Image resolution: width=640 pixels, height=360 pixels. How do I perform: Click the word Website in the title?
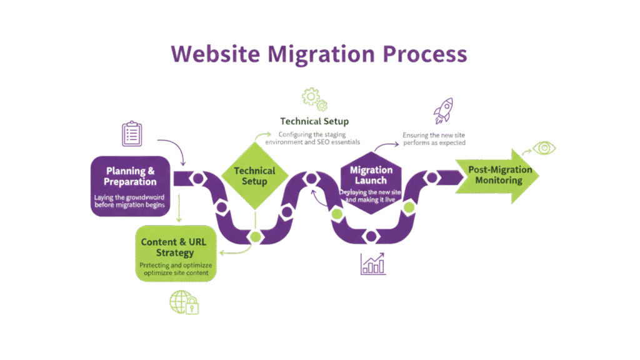[214, 54]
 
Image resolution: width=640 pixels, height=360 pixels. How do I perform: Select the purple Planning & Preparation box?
[130, 185]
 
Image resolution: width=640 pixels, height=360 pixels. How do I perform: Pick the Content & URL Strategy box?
[176, 253]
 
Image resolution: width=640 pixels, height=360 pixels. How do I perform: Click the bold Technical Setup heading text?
[314, 121]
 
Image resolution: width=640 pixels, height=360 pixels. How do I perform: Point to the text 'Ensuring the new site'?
[434, 134]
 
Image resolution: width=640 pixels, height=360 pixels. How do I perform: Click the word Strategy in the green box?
[176, 254]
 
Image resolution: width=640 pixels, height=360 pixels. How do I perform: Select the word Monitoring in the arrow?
[499, 181]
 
